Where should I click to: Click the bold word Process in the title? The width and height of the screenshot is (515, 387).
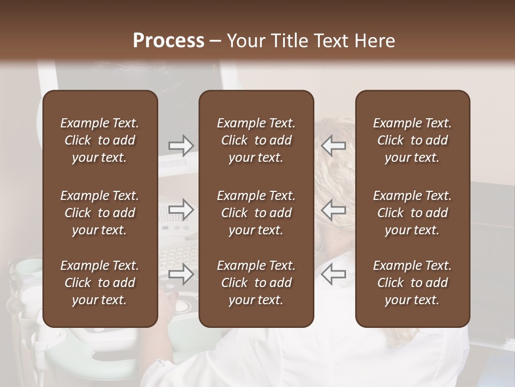(168, 41)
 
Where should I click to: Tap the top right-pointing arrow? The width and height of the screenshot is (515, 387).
(181, 146)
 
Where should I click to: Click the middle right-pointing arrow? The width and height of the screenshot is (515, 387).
(181, 209)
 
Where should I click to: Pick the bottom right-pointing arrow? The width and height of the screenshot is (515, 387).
(181, 274)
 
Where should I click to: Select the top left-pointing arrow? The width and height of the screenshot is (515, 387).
(334, 146)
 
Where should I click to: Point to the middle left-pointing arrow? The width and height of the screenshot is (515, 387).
(334, 209)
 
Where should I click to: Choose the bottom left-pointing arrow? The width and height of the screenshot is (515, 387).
(334, 274)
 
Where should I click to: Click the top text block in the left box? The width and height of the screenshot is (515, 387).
(100, 140)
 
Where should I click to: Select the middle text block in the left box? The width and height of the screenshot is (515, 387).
(100, 213)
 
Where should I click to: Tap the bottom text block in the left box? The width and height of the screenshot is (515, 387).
(100, 283)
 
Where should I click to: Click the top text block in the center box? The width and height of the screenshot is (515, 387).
(256, 140)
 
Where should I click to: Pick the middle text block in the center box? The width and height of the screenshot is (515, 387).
(256, 213)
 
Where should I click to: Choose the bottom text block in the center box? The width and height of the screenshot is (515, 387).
(256, 283)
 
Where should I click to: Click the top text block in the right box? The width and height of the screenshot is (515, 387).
(412, 140)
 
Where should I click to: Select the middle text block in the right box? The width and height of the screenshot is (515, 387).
(412, 213)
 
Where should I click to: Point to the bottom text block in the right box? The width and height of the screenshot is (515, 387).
(412, 283)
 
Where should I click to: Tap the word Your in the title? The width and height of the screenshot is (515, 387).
(244, 41)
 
